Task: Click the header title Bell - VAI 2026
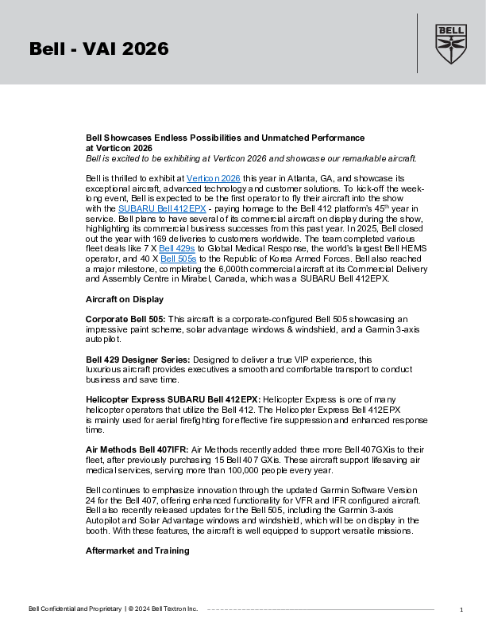99,49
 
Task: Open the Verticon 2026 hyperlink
213,177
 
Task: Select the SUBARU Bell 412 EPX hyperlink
162,207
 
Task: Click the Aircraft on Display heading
125,300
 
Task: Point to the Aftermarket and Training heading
137,550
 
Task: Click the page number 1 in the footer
461,609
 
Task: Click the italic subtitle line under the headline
251,157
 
